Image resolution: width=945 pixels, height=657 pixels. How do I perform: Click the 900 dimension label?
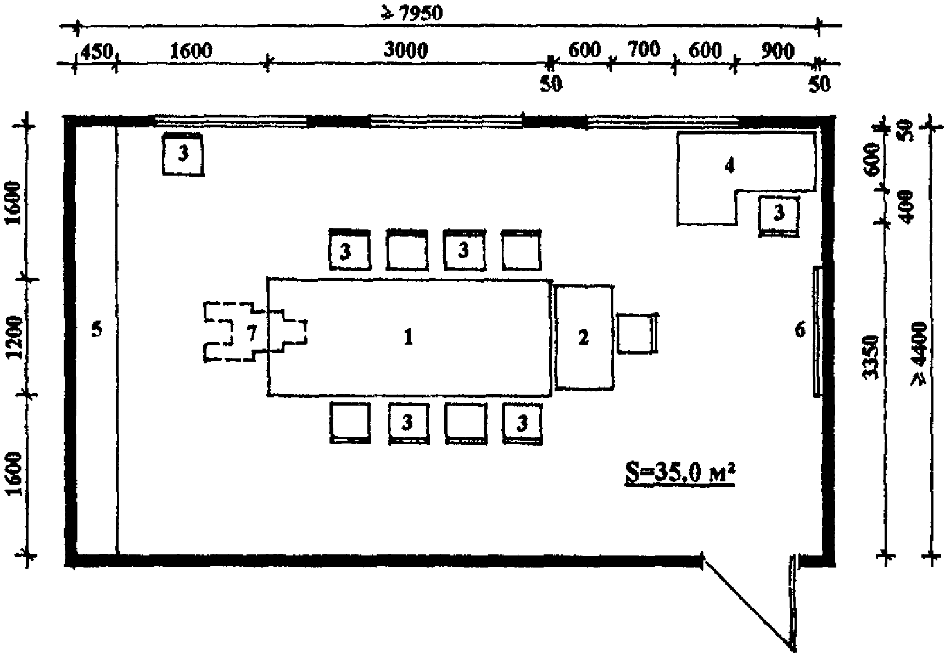click(778, 51)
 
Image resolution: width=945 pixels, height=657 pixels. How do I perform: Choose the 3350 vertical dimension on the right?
click(870, 357)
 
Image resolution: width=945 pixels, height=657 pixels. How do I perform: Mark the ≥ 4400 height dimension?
click(918, 354)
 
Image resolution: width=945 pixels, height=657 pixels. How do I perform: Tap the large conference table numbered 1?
click(409, 337)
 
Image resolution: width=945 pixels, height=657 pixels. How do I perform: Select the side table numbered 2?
click(583, 337)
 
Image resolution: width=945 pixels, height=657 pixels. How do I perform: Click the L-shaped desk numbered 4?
click(729, 165)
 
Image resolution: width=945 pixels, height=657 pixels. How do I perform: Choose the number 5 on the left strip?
click(97, 330)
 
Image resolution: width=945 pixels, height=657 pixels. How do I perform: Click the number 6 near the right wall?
click(800, 330)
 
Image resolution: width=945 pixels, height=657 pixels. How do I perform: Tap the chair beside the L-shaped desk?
click(779, 215)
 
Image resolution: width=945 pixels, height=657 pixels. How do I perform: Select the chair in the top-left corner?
click(183, 154)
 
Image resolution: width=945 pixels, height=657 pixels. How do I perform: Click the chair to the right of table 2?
click(637, 333)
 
